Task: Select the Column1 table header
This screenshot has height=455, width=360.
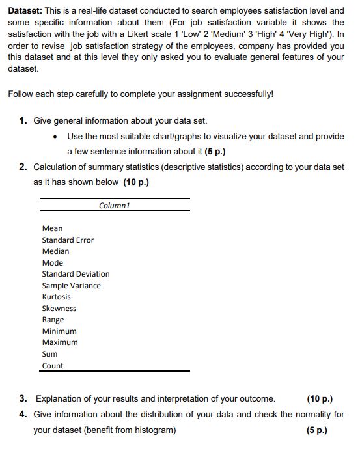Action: (x=115, y=205)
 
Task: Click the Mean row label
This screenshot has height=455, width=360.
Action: (x=53, y=228)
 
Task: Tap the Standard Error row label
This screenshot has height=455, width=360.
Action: (x=68, y=240)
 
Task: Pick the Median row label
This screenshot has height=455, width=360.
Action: (x=55, y=251)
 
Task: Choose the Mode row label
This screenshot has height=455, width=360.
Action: (x=53, y=263)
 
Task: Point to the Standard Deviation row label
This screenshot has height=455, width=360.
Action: (x=76, y=274)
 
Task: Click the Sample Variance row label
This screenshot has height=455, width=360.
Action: (x=71, y=286)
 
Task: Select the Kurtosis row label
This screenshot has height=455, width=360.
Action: (x=57, y=297)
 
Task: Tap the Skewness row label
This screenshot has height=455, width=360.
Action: (x=59, y=309)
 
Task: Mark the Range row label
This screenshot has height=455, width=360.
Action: (x=53, y=320)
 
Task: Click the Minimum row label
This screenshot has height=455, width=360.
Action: (x=59, y=331)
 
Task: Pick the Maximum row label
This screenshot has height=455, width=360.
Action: (x=60, y=342)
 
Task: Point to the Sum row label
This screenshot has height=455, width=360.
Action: (x=49, y=354)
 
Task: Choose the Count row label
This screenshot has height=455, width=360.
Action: (x=53, y=366)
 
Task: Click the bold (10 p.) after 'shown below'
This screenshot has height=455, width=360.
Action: (x=136, y=182)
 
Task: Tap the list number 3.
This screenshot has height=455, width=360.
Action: (x=23, y=398)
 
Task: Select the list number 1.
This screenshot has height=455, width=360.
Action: (x=23, y=121)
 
